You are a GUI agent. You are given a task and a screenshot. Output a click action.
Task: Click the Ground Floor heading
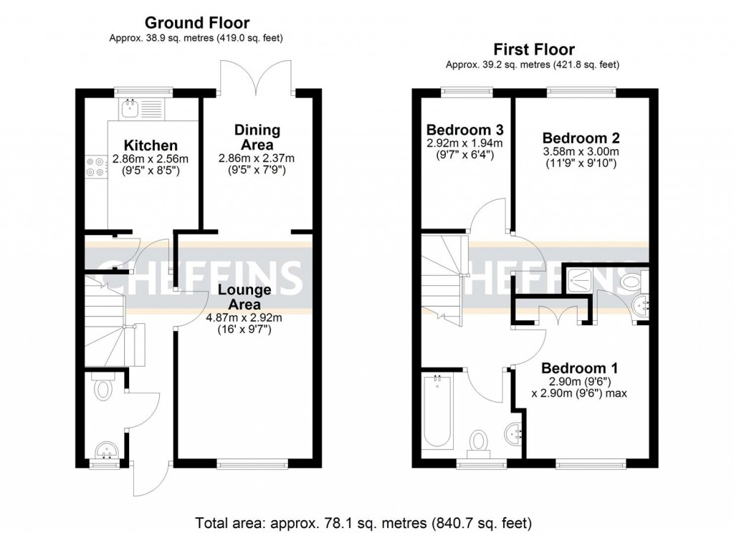pos(197,23)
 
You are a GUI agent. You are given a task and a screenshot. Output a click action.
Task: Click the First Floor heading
pos(533,49)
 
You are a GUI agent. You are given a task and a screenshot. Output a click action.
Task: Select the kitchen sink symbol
pos(131,109)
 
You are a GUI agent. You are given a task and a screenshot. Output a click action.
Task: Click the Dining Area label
pos(257,138)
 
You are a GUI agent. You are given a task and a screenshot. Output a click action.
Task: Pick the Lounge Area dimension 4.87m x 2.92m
pos(244,317)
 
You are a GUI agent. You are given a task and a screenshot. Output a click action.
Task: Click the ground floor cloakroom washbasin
pos(107,451)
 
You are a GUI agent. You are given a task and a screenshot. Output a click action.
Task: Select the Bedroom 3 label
pos(465,130)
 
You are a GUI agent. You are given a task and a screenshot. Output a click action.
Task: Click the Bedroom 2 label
pos(581,138)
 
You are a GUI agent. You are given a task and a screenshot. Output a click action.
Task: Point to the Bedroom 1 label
pos(581,368)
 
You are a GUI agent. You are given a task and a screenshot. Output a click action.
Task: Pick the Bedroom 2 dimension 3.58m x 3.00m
pos(581,152)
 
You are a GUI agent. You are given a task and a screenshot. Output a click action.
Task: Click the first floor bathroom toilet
pos(478,441)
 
